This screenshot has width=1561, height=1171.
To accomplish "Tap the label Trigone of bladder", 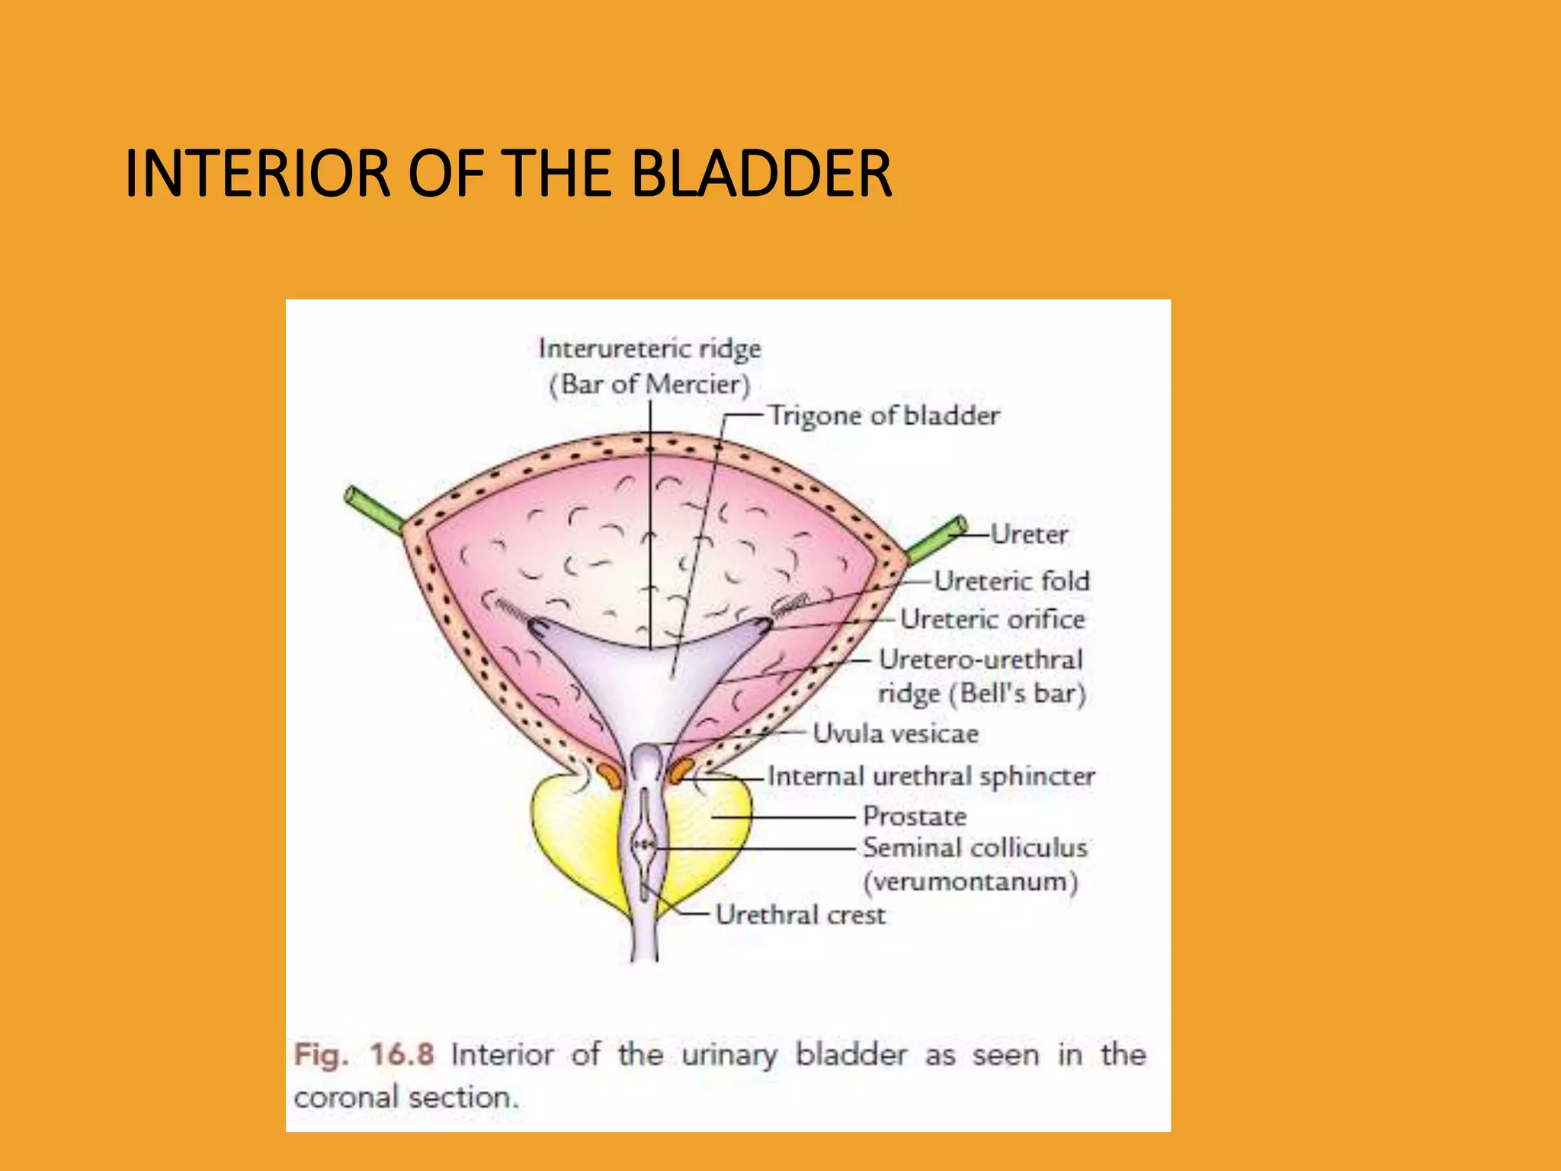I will [883, 415].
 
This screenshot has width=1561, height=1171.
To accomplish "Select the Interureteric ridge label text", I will [649, 348].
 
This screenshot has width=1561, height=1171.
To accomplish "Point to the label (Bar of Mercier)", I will [649, 384].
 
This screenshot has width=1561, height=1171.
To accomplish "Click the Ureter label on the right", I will [1029, 534].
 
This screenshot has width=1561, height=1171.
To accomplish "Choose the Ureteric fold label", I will [1011, 581].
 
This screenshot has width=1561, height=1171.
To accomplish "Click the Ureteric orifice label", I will [992, 619].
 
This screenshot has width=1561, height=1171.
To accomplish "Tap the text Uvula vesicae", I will [895, 733].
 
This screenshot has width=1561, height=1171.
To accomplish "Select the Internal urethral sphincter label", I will [931, 776].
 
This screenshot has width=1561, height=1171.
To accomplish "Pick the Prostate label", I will [914, 816].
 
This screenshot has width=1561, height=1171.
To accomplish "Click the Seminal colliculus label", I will [974, 848].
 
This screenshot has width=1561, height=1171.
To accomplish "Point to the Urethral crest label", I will [800, 915].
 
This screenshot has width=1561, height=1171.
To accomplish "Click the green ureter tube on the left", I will [374, 509].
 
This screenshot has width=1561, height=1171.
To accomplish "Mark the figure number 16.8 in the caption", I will [402, 1055].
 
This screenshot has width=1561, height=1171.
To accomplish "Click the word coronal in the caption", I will [345, 1098].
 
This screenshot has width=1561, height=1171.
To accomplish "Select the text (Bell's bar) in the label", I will [1017, 694].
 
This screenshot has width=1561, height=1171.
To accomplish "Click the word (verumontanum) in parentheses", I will [970, 882].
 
